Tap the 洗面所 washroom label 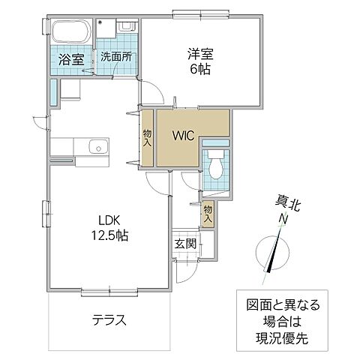pyautogui.click(x=116, y=55)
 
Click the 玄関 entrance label pyautogui.click(x=186, y=243)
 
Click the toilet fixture pyautogui.click(x=216, y=164)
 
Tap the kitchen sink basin pyautogui.click(x=94, y=145)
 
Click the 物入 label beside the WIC pyautogui.click(x=148, y=137)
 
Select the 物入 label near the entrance pyautogui.click(x=208, y=214)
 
